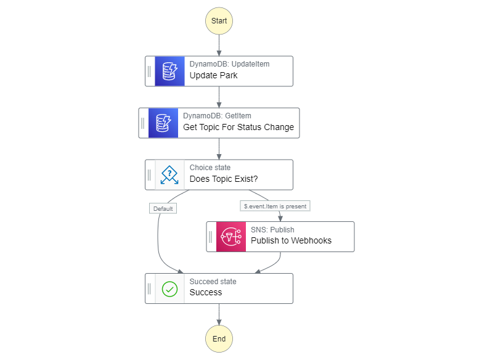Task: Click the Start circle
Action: coord(219,20)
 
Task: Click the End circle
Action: coord(219,338)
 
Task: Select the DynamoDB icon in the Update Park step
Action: coord(169,71)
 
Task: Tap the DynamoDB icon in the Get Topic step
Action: coord(163,123)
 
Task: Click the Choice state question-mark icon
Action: coord(169,175)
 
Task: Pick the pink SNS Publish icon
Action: coord(231,237)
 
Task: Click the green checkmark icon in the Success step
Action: coord(169,288)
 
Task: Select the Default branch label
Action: coord(163,208)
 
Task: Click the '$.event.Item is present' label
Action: coord(275,207)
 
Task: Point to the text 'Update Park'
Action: coord(213,76)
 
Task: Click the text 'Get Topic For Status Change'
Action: coord(238,128)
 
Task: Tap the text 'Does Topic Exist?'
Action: coord(224,179)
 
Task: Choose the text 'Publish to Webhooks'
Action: coord(291,241)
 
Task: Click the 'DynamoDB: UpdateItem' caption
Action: coord(229,64)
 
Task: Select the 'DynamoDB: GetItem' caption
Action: coord(217,116)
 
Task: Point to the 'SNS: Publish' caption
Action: coord(272,230)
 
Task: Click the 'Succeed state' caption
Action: coord(213,282)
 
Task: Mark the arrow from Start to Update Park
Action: coord(219,45)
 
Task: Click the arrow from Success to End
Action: coord(219,314)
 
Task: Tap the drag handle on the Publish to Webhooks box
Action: coord(211,237)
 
